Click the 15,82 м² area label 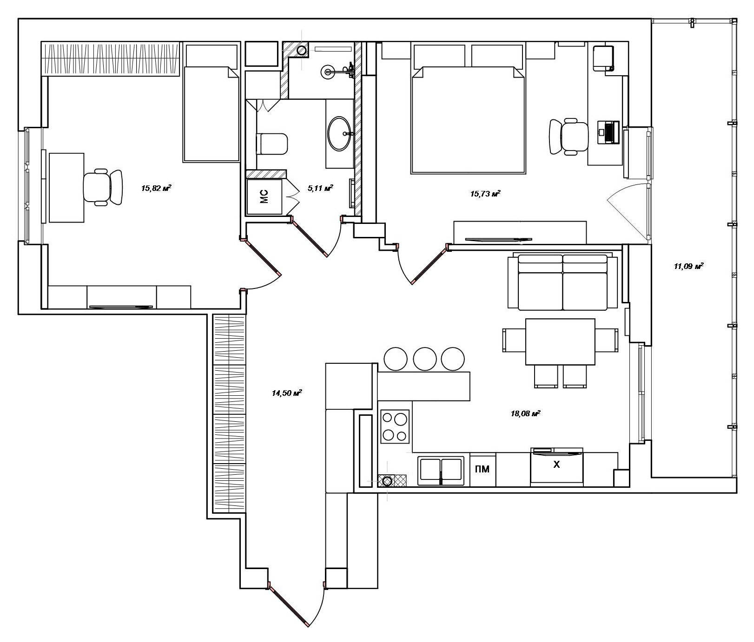point(156,188)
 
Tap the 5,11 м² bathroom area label point(321,188)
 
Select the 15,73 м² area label point(485,194)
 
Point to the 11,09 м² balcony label point(688,266)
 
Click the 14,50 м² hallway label point(287,393)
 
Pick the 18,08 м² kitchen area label point(525,413)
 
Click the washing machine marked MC point(264,197)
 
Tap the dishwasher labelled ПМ point(483,469)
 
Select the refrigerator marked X point(557,467)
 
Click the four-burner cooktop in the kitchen point(395,426)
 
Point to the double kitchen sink point(441,471)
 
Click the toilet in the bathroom point(272,144)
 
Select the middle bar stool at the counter point(424,359)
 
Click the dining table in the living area point(560,342)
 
